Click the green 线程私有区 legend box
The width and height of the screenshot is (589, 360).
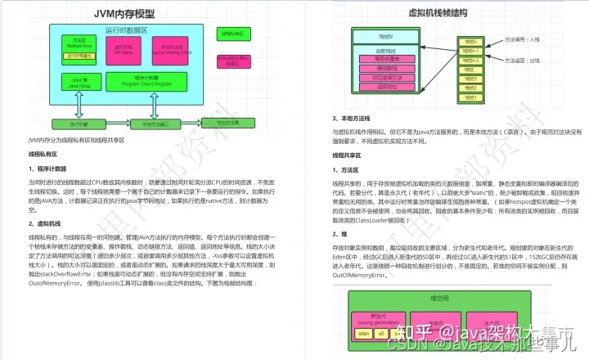click(x=232, y=34)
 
